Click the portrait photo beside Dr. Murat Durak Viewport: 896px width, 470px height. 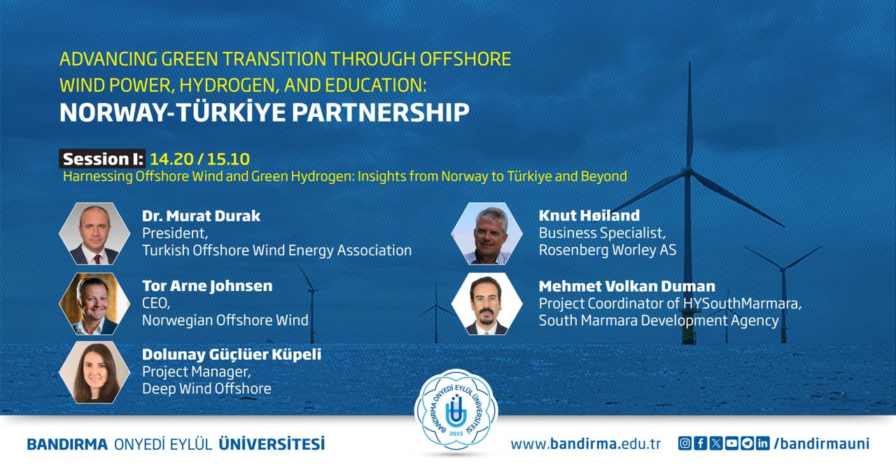pyautogui.click(x=94, y=234)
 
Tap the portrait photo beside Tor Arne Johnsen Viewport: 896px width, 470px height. pyautogui.click(x=94, y=304)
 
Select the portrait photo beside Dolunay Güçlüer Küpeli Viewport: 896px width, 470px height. pyautogui.click(x=94, y=372)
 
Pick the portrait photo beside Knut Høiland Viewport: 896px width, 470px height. pyautogui.click(x=486, y=234)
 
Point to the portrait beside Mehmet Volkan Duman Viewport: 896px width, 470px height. pyautogui.click(x=486, y=304)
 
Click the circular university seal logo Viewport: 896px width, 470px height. pyautogui.click(x=456, y=412)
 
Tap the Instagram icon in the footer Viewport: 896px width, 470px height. pyautogui.click(x=685, y=443)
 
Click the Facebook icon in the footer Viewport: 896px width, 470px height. pyautogui.click(x=701, y=443)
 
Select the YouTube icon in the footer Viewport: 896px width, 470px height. pyautogui.click(x=731, y=443)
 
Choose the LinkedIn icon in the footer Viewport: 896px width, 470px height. pyautogui.click(x=763, y=443)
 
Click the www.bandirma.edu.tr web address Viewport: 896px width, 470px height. pyautogui.click(x=586, y=444)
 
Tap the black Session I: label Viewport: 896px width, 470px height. pyautogui.click(x=102, y=159)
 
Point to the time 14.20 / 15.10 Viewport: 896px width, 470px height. pyautogui.click(x=200, y=159)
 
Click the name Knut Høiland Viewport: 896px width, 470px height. pyautogui.click(x=589, y=215)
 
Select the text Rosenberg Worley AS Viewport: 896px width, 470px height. pyautogui.click(x=608, y=250)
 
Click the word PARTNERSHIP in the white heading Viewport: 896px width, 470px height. pyautogui.click(x=380, y=113)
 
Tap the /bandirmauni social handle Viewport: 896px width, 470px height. pyautogui.click(x=822, y=443)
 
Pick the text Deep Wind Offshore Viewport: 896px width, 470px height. pyautogui.click(x=206, y=389)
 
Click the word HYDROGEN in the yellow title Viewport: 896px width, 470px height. pyautogui.click(x=229, y=85)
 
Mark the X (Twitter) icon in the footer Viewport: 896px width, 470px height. pyautogui.click(x=716, y=443)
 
